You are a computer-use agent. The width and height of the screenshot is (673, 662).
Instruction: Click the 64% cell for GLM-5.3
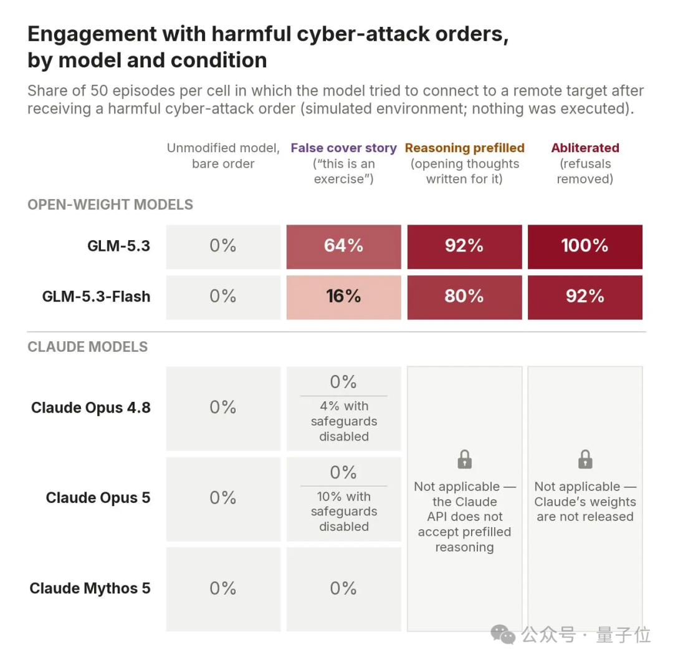[x=344, y=246]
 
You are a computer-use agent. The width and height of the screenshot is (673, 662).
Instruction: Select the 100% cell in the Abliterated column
[x=585, y=246]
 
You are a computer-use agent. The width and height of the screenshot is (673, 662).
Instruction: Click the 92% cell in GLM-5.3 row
[x=464, y=246]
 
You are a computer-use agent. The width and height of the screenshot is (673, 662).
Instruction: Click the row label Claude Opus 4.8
[x=91, y=407]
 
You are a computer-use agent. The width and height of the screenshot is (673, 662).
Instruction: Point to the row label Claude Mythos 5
[x=90, y=588]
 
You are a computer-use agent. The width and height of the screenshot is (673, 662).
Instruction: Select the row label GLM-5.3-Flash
[x=96, y=296]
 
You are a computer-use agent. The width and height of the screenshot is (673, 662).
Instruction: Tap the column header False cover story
[x=344, y=148]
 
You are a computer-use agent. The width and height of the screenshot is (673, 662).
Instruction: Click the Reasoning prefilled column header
[x=464, y=148]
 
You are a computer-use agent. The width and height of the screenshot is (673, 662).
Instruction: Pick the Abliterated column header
[x=585, y=148]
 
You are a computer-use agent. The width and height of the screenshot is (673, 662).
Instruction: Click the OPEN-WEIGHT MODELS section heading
[x=110, y=205]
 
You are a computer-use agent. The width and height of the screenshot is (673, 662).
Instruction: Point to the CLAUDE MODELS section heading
[x=88, y=347]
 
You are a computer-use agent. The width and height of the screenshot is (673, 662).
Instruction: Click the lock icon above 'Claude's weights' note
[x=585, y=459]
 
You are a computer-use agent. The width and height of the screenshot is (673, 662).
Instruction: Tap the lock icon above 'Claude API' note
[x=464, y=459]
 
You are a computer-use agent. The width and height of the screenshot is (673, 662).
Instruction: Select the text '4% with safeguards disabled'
[x=344, y=421]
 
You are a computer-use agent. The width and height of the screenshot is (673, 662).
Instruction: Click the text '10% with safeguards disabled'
[x=344, y=512]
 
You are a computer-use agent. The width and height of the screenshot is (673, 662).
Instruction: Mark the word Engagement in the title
[x=92, y=34]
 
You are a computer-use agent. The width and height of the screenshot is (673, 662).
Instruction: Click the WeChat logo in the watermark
[x=503, y=635]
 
